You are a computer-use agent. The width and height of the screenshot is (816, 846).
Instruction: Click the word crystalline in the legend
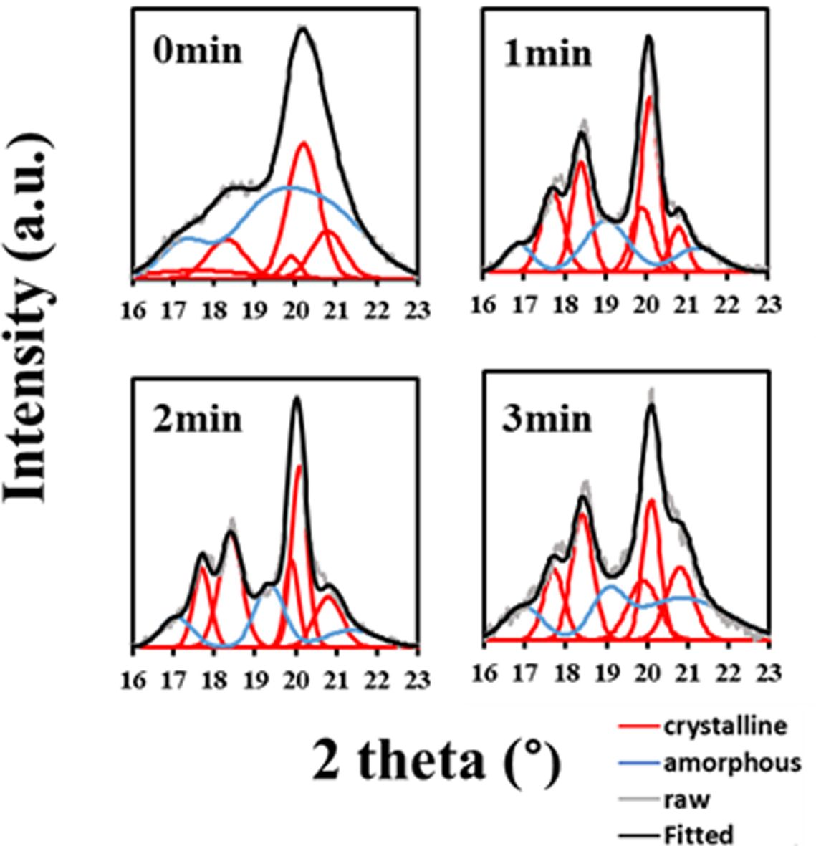point(726,726)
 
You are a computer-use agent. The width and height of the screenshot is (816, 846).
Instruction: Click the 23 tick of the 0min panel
point(418,312)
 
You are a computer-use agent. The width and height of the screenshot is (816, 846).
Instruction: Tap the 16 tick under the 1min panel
point(484,304)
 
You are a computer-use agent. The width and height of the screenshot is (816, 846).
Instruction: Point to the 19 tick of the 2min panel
point(256,678)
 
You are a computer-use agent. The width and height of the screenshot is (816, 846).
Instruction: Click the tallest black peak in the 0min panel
point(303,29)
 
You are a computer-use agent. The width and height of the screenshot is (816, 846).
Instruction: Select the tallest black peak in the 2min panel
point(297,398)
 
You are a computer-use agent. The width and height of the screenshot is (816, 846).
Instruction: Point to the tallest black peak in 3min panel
point(651,405)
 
